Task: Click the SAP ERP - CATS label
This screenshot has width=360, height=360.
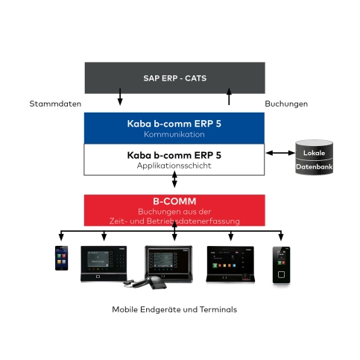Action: coord(174,78)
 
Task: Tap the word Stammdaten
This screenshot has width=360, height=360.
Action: coord(55,104)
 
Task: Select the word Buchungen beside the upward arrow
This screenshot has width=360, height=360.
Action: coord(286,104)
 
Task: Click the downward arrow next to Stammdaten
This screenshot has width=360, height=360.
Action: coord(120,97)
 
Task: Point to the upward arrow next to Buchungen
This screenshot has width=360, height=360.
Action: coord(229,96)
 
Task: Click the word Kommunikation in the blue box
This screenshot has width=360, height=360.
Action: coord(174,134)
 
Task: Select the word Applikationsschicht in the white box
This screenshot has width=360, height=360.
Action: coord(174,165)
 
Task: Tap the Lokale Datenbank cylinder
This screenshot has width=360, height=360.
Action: coord(314,157)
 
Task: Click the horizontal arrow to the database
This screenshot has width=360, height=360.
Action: coord(280,153)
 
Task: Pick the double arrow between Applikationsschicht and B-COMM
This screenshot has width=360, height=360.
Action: coord(174,179)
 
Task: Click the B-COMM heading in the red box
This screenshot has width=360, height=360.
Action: coord(174,201)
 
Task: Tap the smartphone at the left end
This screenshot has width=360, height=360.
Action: coord(61,258)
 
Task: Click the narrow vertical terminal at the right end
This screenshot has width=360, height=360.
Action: coord(281,265)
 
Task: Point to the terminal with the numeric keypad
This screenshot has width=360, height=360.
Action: coord(104,264)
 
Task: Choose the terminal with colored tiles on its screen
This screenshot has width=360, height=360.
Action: coord(230,265)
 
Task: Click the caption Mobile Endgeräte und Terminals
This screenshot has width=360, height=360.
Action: coord(174,309)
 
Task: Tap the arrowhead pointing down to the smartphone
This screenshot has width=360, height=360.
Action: coord(61,238)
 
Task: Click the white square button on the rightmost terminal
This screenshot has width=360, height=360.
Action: coord(281,274)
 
